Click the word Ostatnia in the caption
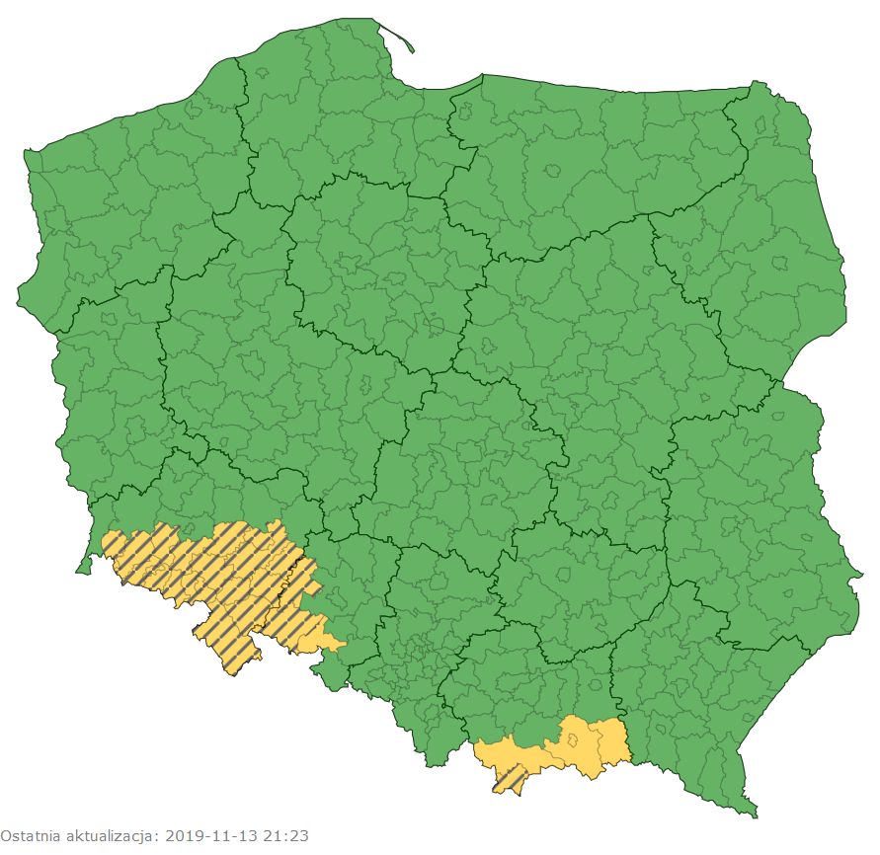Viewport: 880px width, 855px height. (x=29, y=836)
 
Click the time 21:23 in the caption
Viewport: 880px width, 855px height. (x=286, y=836)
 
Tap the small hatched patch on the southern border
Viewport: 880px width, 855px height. (x=511, y=780)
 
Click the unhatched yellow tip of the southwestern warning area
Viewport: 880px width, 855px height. (x=331, y=643)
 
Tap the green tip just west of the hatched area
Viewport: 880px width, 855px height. (x=86, y=565)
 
